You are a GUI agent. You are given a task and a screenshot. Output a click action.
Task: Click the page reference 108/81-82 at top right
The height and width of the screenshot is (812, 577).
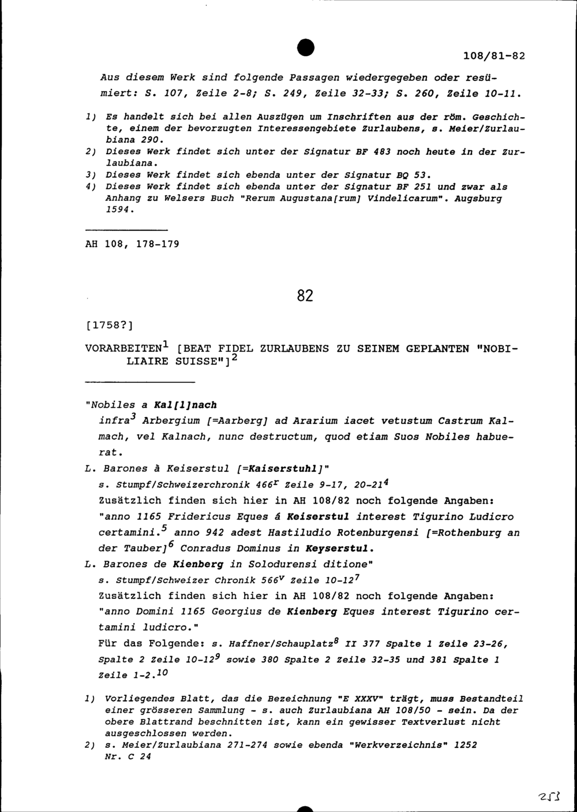pos(494,57)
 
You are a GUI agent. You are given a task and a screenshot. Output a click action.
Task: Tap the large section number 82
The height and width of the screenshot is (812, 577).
pos(305,296)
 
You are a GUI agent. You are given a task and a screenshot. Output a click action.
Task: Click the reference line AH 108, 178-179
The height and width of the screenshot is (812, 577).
pos(132,244)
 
